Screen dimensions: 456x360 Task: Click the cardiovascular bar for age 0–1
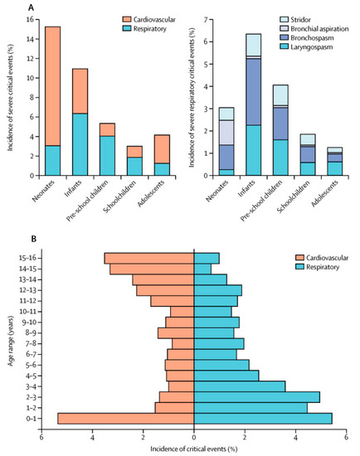point(125,418)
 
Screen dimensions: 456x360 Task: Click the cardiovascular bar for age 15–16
point(148,258)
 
